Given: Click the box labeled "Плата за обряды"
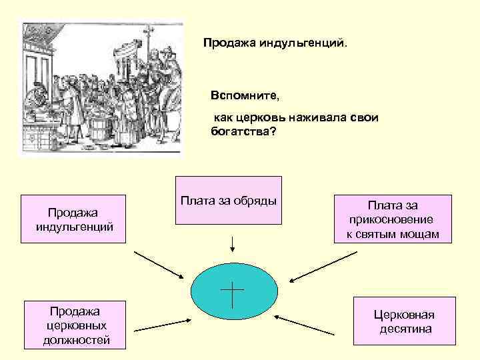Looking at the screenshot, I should pyautogui.click(x=228, y=199).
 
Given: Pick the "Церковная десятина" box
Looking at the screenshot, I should pyautogui.click(x=403, y=321).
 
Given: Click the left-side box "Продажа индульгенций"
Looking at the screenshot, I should pyautogui.click(x=73, y=219).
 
